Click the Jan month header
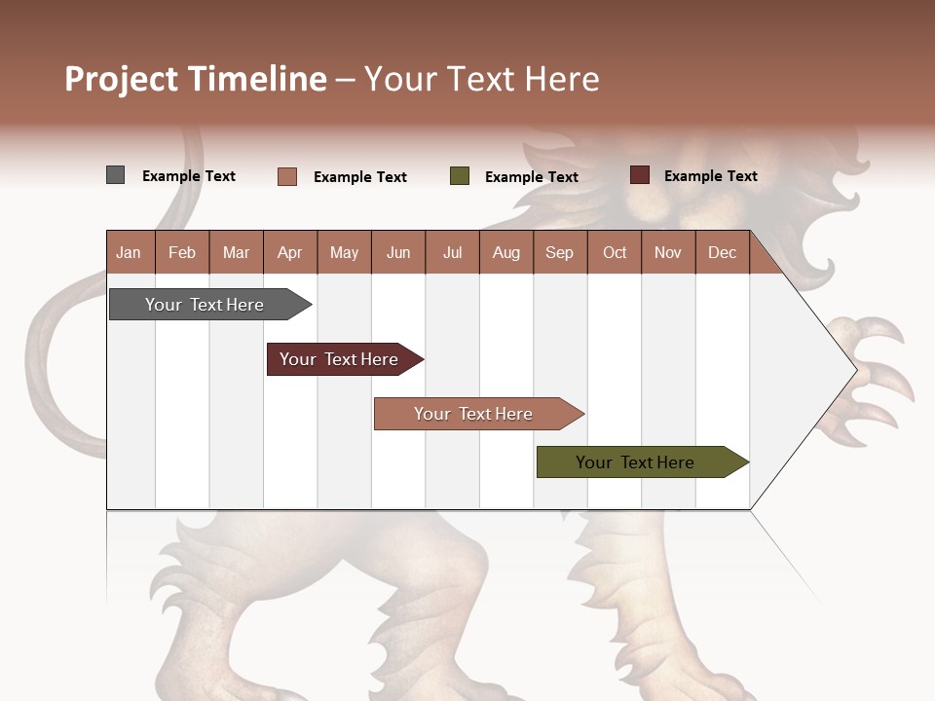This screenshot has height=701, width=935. coord(129,252)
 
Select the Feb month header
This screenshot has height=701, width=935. coord(182,252)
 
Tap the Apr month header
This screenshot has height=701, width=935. coord(289,252)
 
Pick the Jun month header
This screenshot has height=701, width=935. coord(398,252)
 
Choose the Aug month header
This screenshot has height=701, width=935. coord(505,252)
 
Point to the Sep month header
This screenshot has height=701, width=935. coord(559,252)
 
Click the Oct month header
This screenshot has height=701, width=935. coord(615,252)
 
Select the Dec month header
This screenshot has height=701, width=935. coord(722,252)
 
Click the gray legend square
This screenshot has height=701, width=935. coord(116,175)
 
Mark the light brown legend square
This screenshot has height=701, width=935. coord(287,176)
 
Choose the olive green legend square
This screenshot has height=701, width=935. coord(460,176)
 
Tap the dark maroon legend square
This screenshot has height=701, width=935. coord(640,175)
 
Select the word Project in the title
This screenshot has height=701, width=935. coord(123,79)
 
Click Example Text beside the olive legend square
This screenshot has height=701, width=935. coord(531,177)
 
